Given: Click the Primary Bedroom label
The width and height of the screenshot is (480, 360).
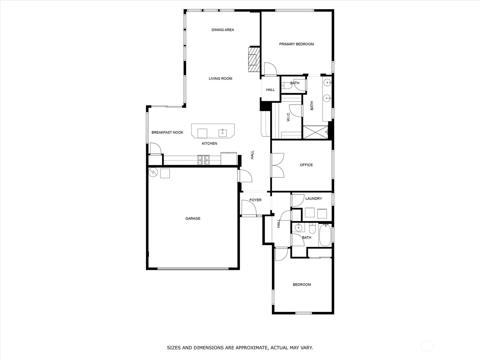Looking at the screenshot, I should point(296,44).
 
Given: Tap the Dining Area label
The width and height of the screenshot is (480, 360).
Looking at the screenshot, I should point(223,30).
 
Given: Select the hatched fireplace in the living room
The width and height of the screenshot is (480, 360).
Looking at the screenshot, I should point(254,59).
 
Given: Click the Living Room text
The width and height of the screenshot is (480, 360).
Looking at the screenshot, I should point(220,79).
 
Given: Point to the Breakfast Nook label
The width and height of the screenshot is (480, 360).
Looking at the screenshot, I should point(167,132).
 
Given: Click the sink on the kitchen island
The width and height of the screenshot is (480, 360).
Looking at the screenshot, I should point(223,133).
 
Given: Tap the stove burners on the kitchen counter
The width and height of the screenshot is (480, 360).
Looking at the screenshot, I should point(203,160).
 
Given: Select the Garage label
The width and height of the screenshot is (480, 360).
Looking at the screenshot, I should point(193,218).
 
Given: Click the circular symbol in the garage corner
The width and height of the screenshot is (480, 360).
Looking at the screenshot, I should point(153,172).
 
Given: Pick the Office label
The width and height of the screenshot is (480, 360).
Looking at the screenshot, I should point(306,165).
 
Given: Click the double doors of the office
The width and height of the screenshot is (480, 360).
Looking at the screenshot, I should point(277,165).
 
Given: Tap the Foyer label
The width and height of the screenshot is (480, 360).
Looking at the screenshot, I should point(255,200).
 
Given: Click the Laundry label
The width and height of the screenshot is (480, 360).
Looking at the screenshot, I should point(313,199).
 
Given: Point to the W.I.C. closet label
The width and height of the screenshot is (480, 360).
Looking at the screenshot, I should point(288,117).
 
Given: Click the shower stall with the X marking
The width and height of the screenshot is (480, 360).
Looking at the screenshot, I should point(316,132).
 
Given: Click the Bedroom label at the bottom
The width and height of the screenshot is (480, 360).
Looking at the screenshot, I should point(302,284).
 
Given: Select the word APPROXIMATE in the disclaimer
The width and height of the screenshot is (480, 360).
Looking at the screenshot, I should point(251,348).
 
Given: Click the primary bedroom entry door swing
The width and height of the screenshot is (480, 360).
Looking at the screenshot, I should point(270,68).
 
